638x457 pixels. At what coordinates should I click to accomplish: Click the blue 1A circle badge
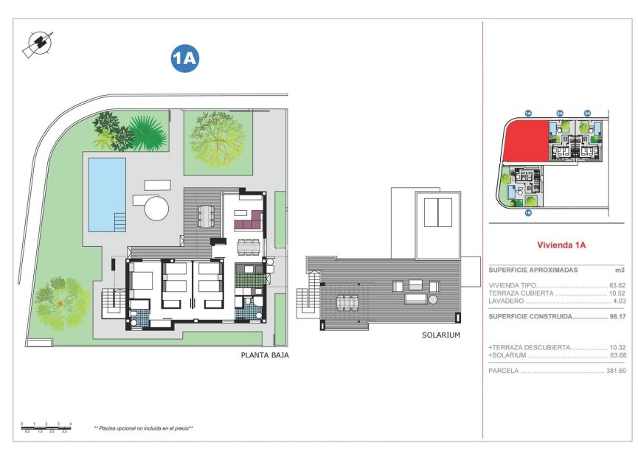click(x=185, y=59)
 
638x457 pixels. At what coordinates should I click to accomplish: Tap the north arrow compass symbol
click(x=37, y=44)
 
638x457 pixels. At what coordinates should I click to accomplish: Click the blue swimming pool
click(x=106, y=192)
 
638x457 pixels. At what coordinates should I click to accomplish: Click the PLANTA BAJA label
click(x=265, y=355)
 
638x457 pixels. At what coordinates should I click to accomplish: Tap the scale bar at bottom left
click(x=46, y=426)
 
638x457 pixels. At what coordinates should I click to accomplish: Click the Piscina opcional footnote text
click(x=143, y=428)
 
